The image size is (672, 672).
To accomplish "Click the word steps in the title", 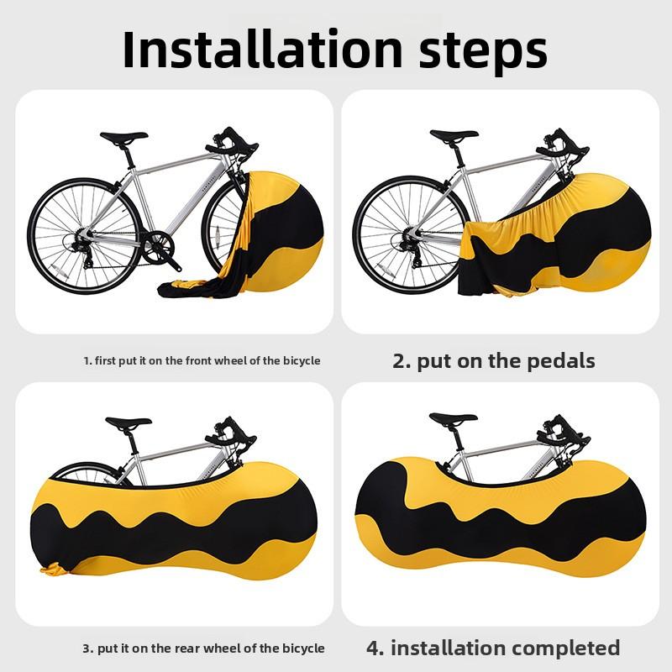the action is pyautogui.click(x=483, y=52).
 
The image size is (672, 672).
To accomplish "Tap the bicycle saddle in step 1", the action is pyautogui.click(x=123, y=137).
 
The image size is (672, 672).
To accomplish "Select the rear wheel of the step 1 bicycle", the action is pyautogui.click(x=85, y=236).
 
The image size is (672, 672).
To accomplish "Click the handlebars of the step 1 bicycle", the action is pyautogui.click(x=232, y=143).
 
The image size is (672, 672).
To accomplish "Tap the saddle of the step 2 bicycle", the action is pyautogui.click(x=454, y=135).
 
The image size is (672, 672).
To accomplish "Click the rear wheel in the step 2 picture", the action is pyautogui.click(x=411, y=234).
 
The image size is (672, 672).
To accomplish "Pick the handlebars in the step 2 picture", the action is pyautogui.click(x=562, y=144).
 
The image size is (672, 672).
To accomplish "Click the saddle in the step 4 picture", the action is pyautogui.click(x=453, y=419).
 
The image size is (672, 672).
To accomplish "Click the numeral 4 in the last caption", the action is pyautogui.click(x=373, y=648).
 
